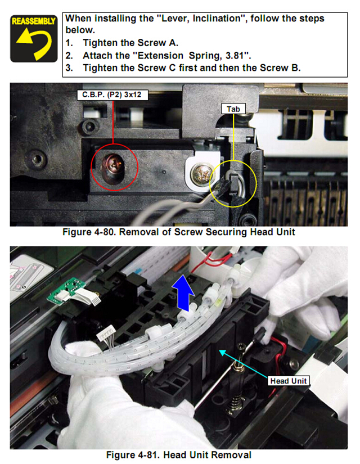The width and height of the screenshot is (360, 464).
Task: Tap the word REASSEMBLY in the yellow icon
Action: point(34,21)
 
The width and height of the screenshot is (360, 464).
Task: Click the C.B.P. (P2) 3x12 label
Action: point(112,95)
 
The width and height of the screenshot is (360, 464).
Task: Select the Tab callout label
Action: point(233,109)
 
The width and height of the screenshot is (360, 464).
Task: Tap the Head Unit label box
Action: point(289,381)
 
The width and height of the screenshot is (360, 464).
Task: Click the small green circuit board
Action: point(66,291)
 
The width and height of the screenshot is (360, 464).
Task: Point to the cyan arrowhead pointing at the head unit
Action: point(223,353)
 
